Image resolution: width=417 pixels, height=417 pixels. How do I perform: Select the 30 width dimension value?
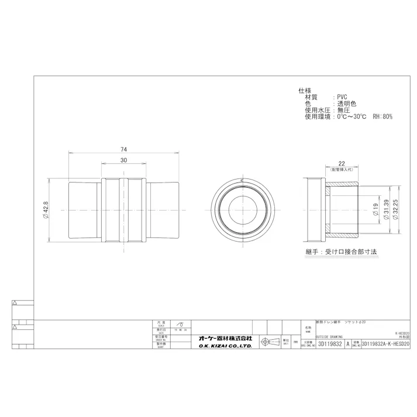(124, 160)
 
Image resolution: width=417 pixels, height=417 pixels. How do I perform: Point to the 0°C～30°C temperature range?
(350, 116)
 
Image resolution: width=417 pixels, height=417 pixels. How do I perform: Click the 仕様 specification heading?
(304, 91)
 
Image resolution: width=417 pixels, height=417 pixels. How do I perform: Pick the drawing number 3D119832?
(330, 345)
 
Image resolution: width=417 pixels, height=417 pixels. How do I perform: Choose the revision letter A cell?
(349, 345)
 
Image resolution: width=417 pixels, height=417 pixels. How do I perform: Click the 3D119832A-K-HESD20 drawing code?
(387, 345)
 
